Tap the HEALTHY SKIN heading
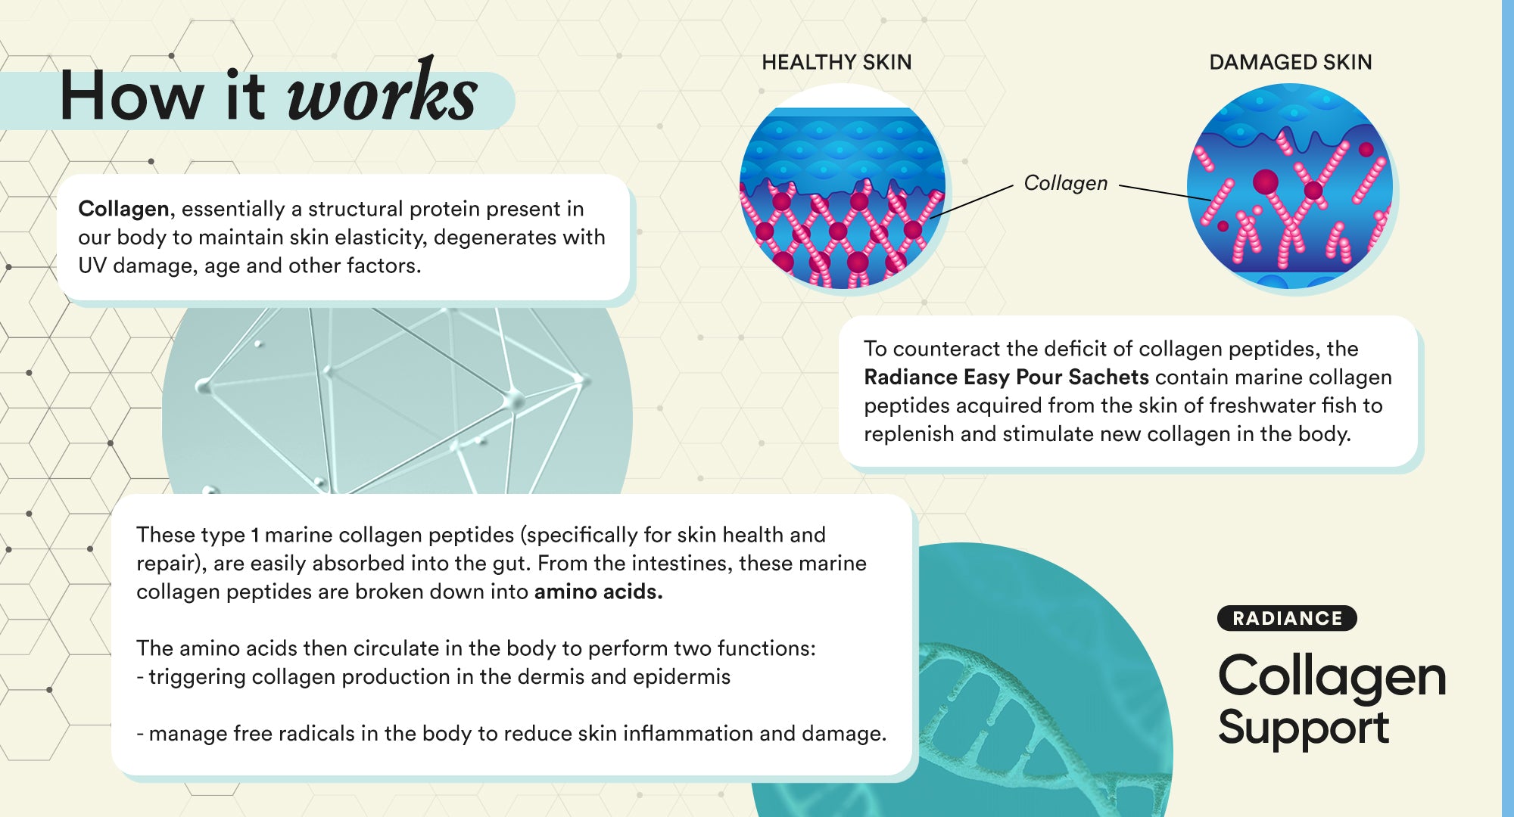tap(836, 62)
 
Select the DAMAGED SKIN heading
tap(1291, 62)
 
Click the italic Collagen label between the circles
tap(1065, 183)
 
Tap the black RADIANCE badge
tap(1287, 618)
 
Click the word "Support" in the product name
tap(1304, 728)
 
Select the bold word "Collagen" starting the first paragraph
tap(123, 209)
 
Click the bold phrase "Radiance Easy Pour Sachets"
tap(1007, 377)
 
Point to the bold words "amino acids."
tap(598, 592)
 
